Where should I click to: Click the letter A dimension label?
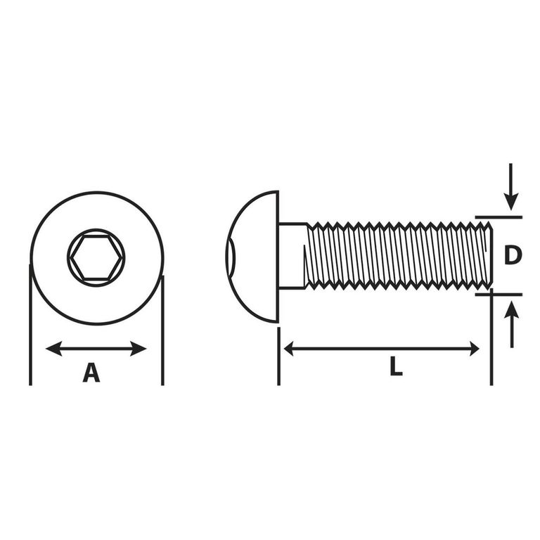(91, 372)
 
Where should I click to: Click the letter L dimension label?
(396, 366)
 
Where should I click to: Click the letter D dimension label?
(513, 255)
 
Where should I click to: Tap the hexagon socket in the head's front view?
(96, 257)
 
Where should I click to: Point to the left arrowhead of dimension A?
(54, 349)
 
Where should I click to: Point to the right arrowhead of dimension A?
(138, 349)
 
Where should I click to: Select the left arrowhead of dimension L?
(288, 349)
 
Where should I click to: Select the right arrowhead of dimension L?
(475, 349)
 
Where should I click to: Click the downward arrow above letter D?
(511, 186)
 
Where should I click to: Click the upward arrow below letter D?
(512, 324)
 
